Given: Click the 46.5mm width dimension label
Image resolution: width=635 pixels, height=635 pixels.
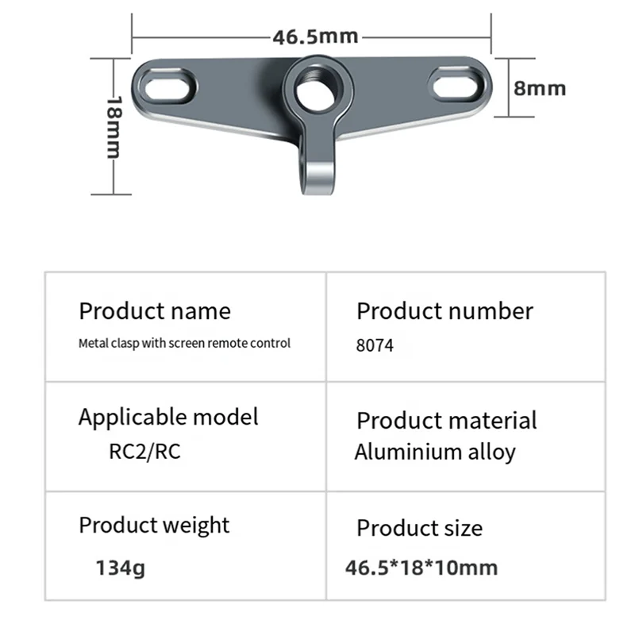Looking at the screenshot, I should coord(315,37).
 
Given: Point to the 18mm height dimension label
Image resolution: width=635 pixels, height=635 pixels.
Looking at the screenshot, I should coord(114,127).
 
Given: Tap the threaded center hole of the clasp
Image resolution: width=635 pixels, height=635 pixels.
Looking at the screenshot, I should coord(314,90).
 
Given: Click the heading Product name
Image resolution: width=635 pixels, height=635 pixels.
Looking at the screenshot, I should coord(155,310).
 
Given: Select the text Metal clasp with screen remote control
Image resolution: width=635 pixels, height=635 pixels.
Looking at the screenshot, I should coord(185,344).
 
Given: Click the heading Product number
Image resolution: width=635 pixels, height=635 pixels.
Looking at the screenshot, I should coord(444,310).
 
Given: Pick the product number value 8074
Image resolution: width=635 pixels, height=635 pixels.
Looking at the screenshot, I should coord(375,345).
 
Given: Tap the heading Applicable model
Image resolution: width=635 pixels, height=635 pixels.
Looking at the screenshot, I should coord(168,417).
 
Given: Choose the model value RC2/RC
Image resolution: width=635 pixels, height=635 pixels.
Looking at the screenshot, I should coord(144,452).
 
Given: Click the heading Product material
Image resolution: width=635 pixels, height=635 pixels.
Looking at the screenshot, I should coord(446,420).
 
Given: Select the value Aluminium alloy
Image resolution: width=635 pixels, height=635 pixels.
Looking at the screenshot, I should coord(435,452).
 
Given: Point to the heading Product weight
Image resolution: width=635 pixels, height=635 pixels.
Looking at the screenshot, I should coord(154,525).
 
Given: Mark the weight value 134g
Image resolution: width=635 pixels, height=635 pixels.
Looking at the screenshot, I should coord(121,568).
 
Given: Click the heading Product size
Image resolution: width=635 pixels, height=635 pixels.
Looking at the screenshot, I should coord(419,528).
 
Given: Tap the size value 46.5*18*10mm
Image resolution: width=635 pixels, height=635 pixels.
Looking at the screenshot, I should coord(421,568).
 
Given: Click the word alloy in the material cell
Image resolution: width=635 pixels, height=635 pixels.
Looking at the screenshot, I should coord(492,452).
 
